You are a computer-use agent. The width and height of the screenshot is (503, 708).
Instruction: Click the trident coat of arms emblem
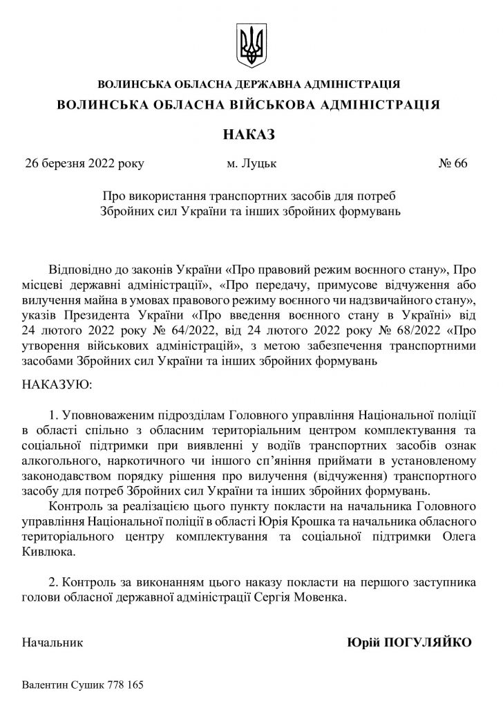(251, 44)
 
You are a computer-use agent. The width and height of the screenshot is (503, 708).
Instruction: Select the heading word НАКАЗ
(251, 132)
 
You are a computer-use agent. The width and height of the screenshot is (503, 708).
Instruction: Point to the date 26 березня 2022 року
(84, 164)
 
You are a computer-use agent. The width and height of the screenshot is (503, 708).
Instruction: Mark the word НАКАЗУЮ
(57, 382)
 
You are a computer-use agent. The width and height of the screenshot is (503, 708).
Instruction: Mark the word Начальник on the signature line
(53, 642)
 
